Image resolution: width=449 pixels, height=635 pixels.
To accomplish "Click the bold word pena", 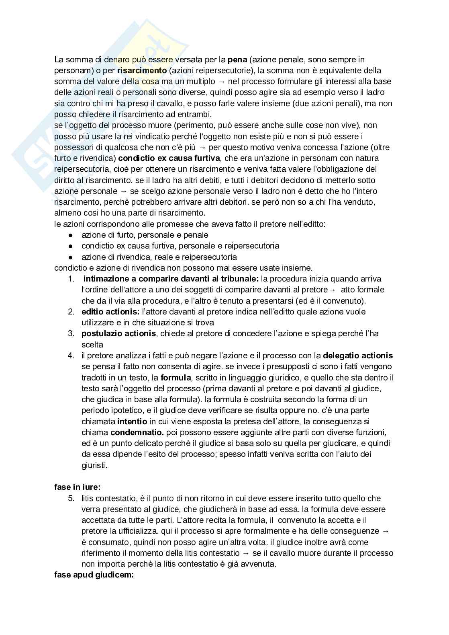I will pos(237,60).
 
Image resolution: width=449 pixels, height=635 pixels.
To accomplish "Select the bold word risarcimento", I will pos(142,71).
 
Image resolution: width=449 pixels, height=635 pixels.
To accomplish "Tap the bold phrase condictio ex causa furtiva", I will pos(169,158).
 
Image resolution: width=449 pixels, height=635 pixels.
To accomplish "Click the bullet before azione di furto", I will pos(71,235).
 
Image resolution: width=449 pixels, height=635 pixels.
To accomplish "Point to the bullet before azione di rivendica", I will pos(71,257).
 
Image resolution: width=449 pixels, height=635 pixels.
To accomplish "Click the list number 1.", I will pos(71,279).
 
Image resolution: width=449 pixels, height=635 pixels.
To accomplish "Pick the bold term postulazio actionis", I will pos(118,333).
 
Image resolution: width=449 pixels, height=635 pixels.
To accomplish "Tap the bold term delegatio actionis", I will pos(358,356).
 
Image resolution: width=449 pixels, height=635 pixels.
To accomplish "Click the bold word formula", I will pos(176,378).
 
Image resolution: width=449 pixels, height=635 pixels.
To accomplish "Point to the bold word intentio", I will pos(132,421).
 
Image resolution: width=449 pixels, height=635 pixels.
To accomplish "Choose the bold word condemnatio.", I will pos(137,432).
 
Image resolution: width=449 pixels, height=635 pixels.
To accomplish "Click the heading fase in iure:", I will pos(77,487).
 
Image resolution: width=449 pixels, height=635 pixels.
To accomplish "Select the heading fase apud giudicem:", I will pos(94,575).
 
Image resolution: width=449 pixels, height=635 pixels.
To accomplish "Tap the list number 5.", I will pos(71,498).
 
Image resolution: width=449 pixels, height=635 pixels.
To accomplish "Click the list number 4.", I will pos(71,356).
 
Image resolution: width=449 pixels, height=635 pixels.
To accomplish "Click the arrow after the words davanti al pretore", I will pos(332,290).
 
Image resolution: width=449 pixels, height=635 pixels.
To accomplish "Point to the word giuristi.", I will pos(94,465).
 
